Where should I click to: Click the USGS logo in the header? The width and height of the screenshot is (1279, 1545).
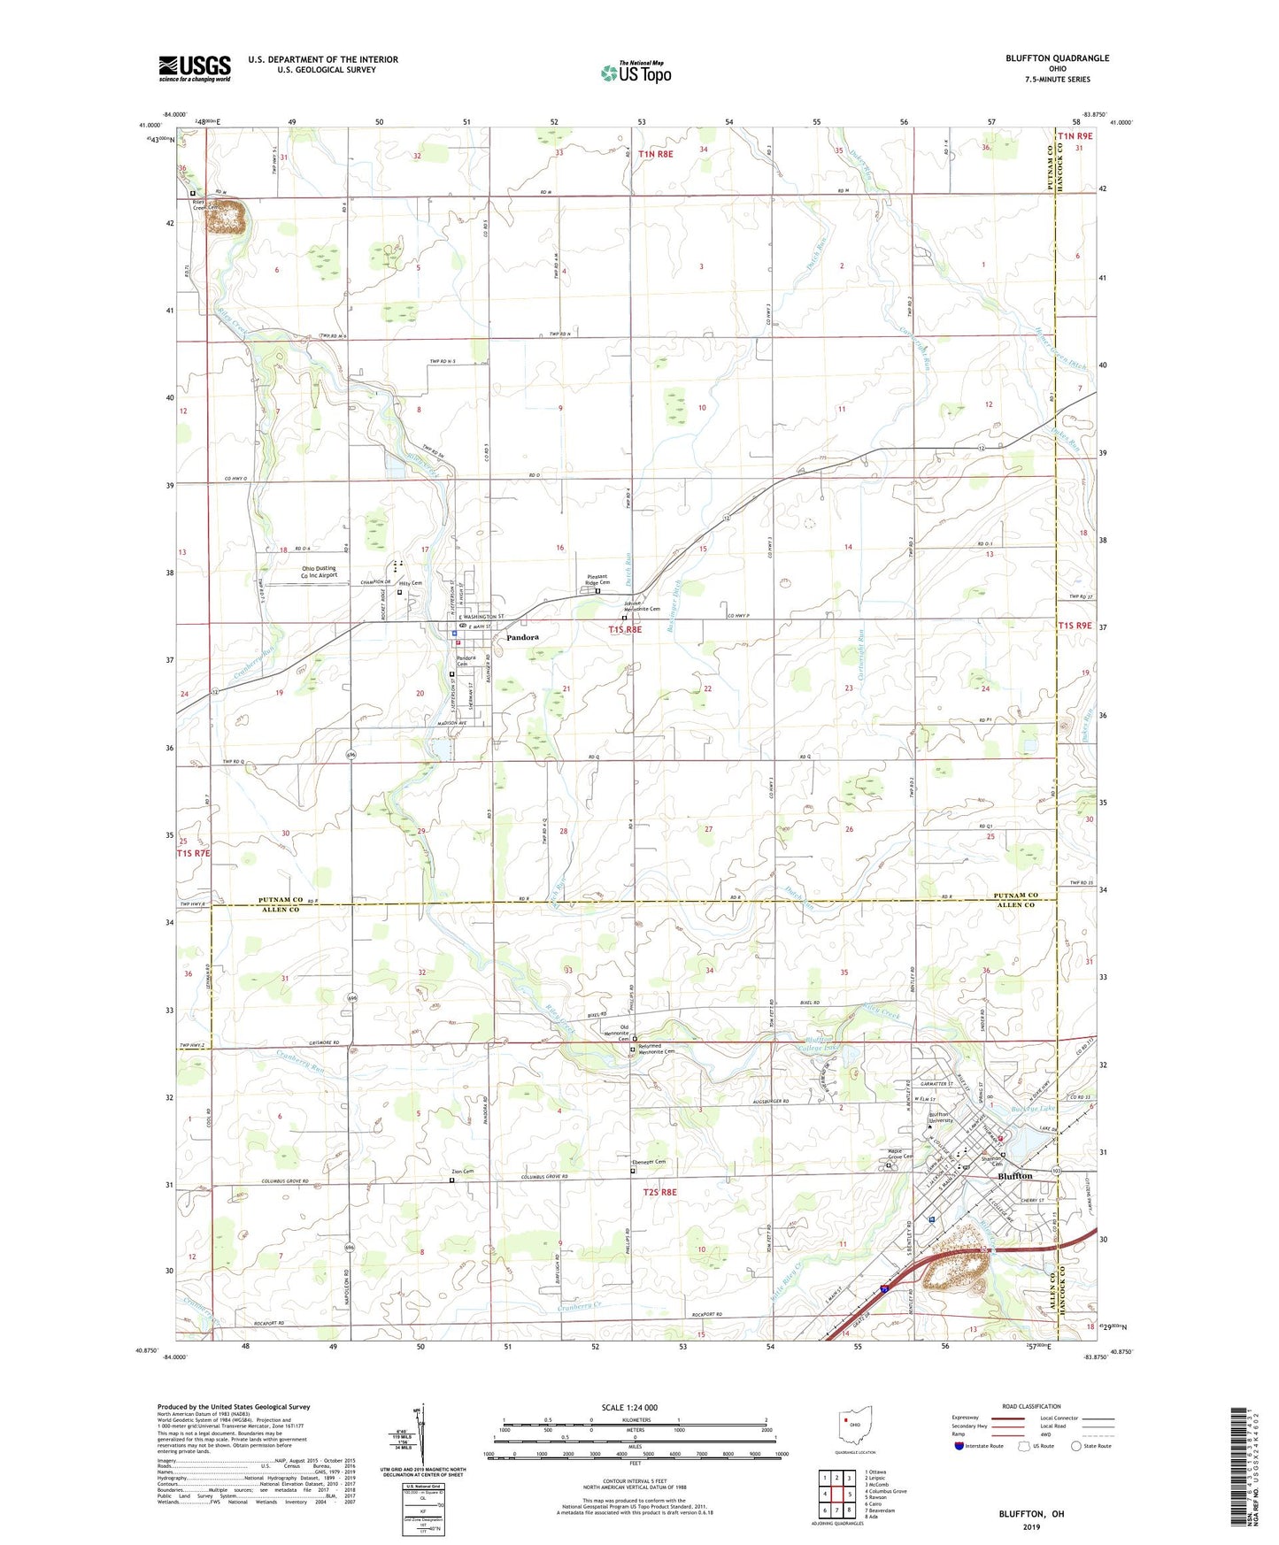click(195, 68)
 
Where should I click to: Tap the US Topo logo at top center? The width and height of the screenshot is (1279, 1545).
click(635, 73)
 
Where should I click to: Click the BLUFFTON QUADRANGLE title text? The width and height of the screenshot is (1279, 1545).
click(1057, 58)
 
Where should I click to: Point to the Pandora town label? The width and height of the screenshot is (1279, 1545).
click(522, 637)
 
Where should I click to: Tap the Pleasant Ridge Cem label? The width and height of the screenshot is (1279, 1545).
click(598, 580)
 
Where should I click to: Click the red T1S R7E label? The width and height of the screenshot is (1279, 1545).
click(193, 854)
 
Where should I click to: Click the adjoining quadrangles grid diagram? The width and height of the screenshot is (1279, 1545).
click(836, 1491)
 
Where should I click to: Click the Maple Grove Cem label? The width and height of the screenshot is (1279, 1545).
click(900, 1153)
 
